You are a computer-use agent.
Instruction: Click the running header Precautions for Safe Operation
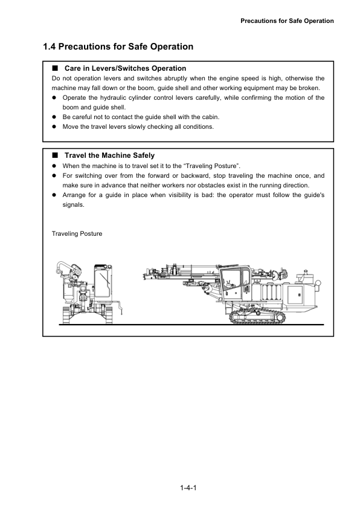coord(287,21)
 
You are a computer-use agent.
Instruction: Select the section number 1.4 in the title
coord(51,47)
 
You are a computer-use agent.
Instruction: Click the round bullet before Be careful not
coord(54,117)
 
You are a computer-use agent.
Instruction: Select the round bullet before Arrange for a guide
coord(54,195)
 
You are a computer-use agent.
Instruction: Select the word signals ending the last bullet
coord(74,204)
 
